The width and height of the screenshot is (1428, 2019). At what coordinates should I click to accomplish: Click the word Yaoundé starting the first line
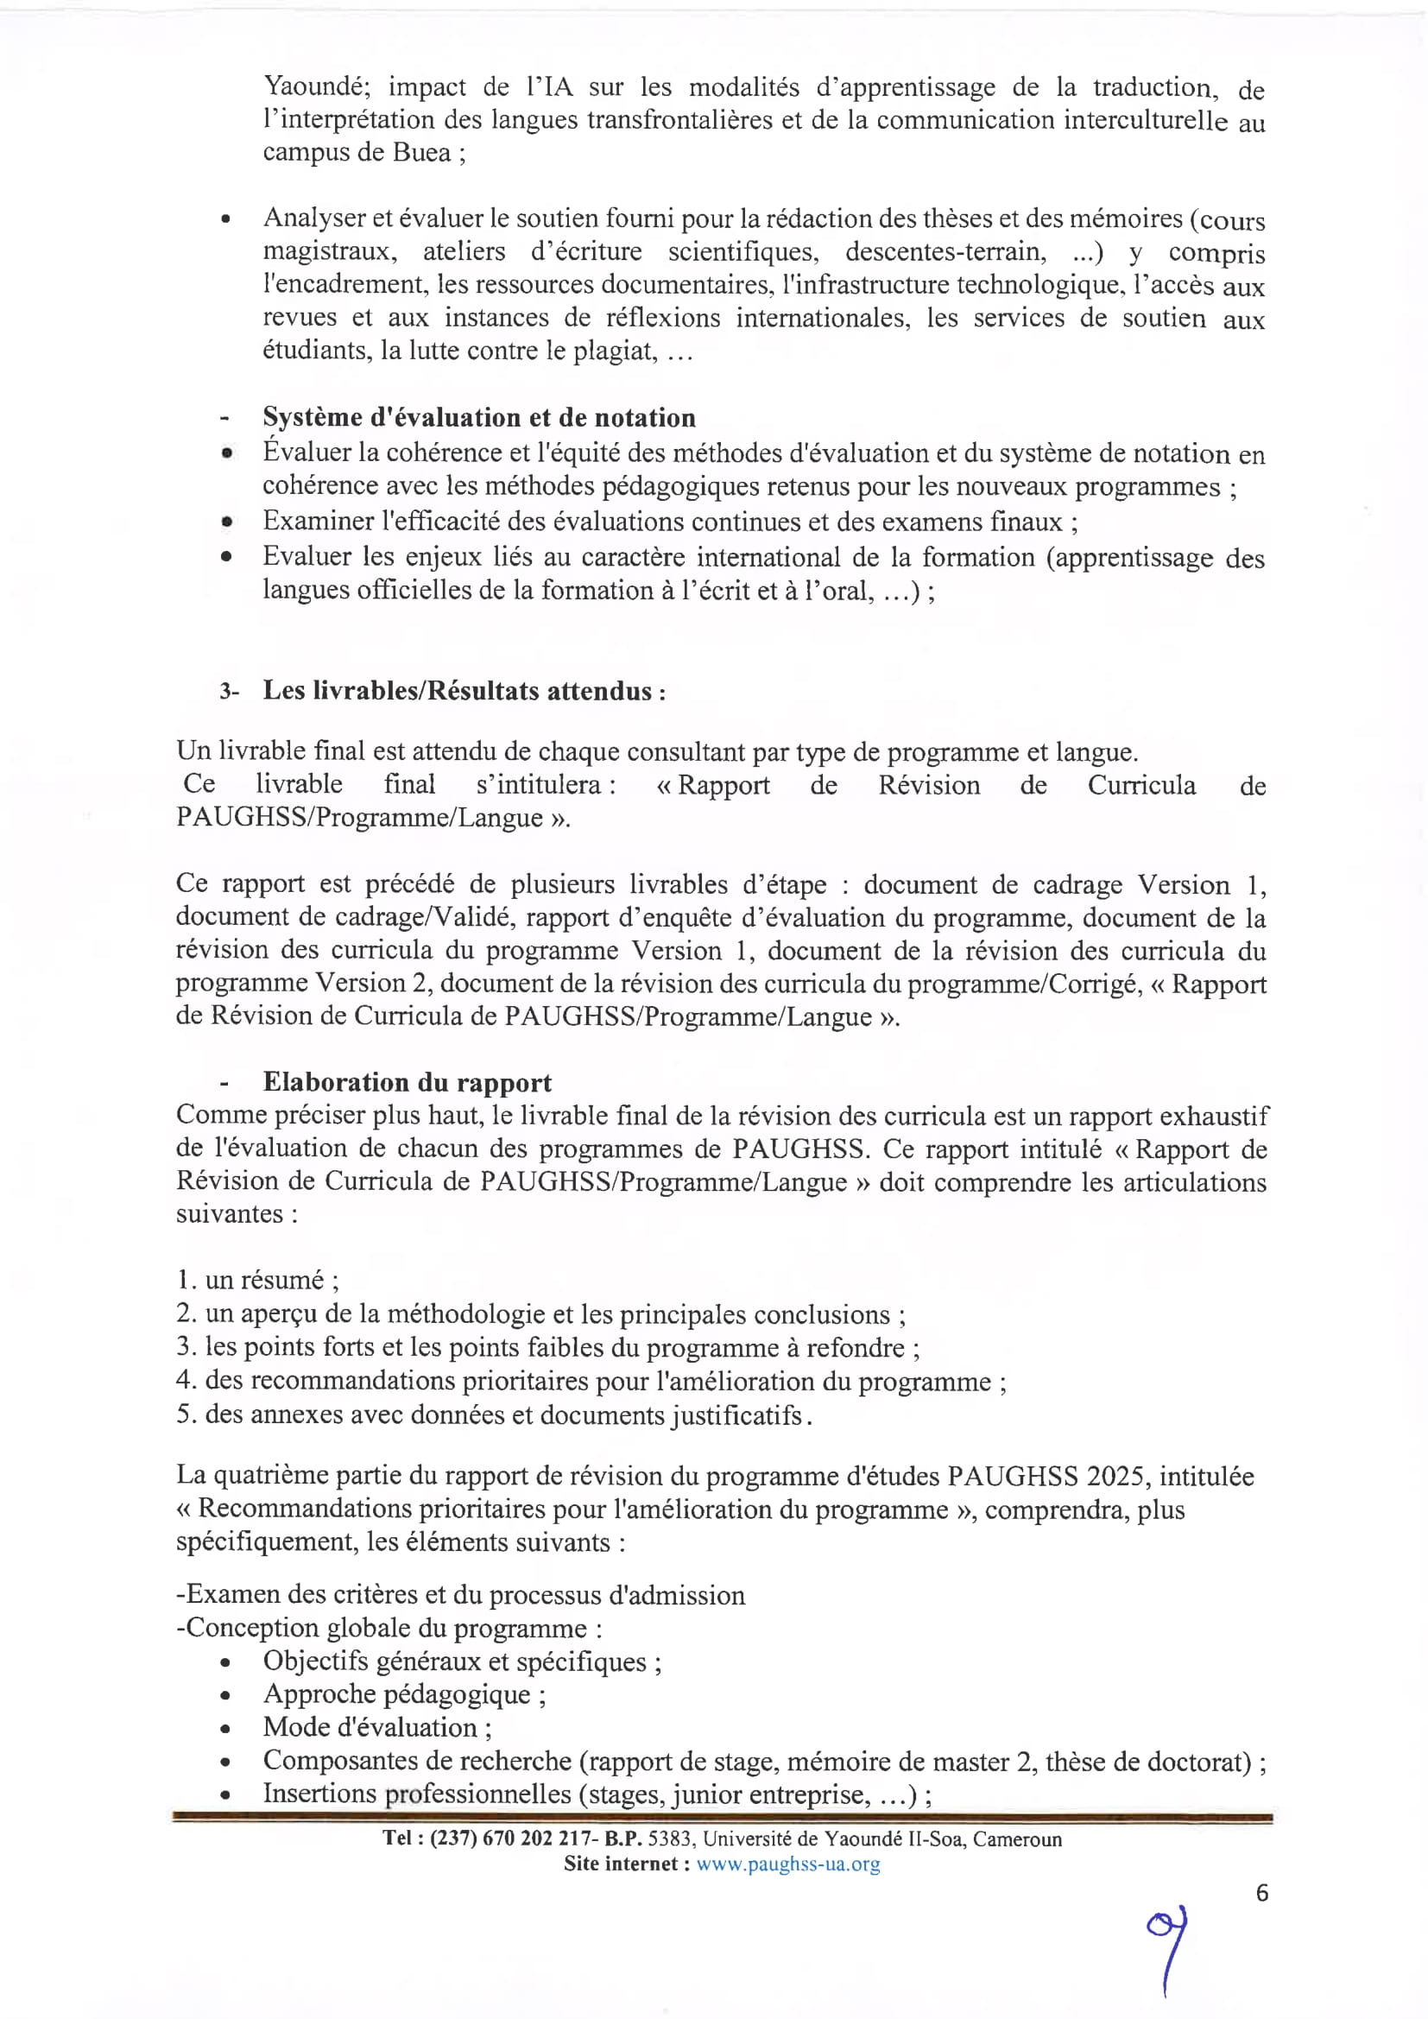[310, 87]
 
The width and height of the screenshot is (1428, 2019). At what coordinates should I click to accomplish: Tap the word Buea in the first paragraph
[421, 152]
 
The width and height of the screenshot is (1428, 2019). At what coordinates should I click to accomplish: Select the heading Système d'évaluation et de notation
[478, 417]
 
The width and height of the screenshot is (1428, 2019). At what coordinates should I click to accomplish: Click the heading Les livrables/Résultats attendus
[464, 690]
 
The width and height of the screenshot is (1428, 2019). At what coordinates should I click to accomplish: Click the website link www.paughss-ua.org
[788, 1864]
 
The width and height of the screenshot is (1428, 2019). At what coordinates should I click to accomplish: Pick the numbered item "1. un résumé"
[257, 1280]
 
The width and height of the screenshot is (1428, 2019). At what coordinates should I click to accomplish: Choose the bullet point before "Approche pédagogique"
[226, 1695]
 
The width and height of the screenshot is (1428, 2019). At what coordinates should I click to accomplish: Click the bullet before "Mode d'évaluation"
[226, 1729]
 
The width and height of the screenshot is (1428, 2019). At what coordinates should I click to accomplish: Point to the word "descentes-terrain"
[945, 252]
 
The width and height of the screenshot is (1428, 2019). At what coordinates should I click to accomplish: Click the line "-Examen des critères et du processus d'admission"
[460, 1595]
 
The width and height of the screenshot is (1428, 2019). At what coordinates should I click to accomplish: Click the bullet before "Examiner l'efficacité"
[227, 522]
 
